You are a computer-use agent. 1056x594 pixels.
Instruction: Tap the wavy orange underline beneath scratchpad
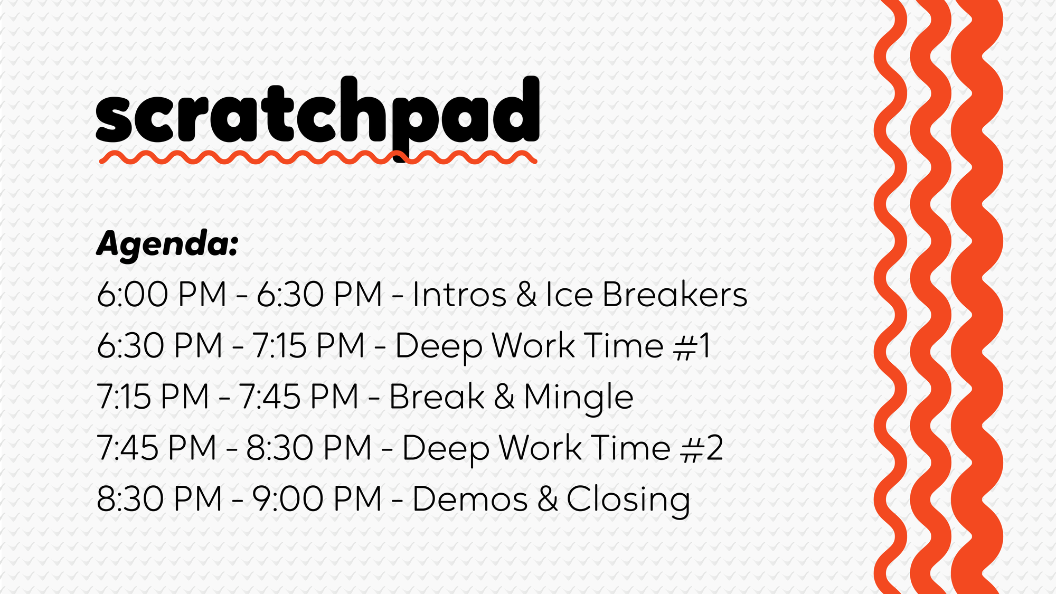(x=318, y=157)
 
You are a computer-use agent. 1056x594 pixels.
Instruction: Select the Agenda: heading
(x=167, y=244)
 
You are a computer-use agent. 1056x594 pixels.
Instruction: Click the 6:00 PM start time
(x=162, y=294)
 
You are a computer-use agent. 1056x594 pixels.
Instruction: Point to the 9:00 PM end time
(x=317, y=499)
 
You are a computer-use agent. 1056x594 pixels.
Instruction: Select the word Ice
(x=569, y=294)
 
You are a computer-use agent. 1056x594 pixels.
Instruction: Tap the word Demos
(x=470, y=499)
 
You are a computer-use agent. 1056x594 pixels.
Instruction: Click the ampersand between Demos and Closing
(x=548, y=499)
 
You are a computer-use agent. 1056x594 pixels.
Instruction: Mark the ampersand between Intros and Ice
(x=526, y=294)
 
